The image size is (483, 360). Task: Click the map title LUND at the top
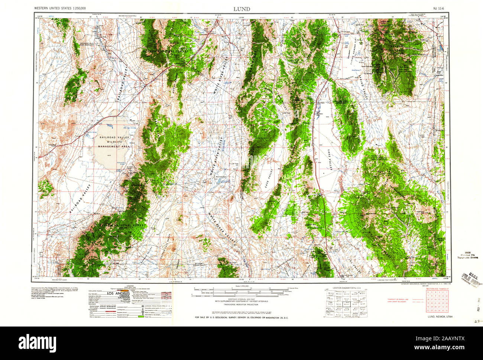pos(241,9)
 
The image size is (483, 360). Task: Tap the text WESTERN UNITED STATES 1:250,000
pos(60,8)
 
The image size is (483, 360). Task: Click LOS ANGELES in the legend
pos(120,294)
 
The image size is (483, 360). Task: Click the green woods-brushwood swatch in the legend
pos(140,316)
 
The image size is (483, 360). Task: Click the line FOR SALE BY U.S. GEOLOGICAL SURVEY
pos(241,318)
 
